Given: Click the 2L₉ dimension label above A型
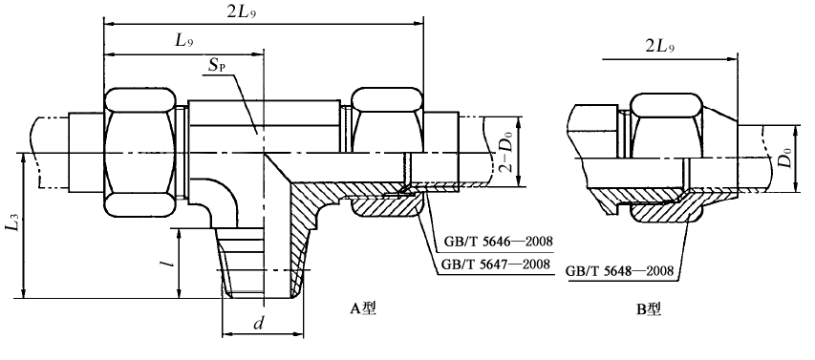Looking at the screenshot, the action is [243, 13].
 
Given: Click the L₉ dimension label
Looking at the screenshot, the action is [184, 41].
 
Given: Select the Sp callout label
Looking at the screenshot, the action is [220, 66].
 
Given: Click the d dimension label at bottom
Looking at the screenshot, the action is [258, 324].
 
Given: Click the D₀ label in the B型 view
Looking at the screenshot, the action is [788, 158].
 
